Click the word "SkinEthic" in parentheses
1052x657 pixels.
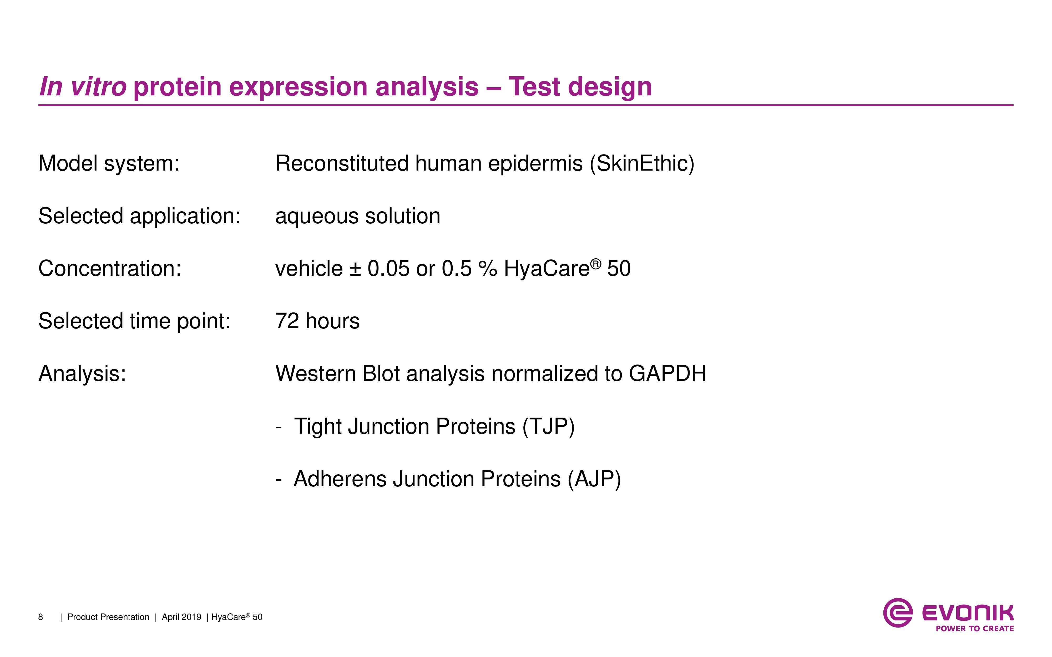point(642,164)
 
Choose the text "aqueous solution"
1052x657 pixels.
point(358,216)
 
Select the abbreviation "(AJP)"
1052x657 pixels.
point(594,479)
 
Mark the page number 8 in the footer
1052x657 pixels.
point(41,617)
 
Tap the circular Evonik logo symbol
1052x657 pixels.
point(897,613)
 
